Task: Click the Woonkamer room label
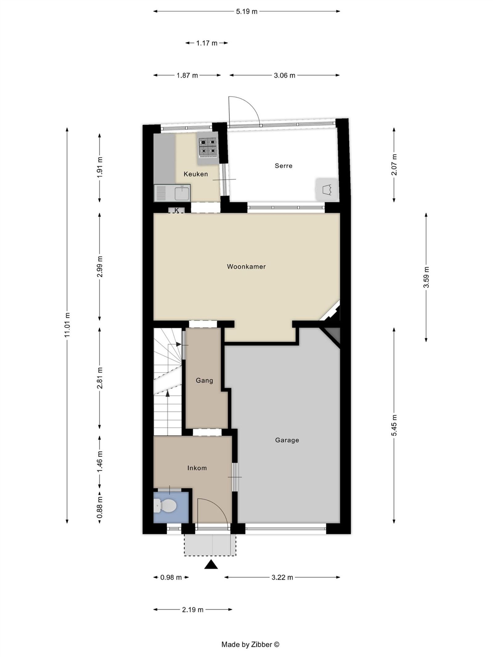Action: (246, 266)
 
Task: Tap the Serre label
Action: (283, 166)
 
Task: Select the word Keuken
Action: (196, 174)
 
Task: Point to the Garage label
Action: (287, 440)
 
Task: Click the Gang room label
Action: (204, 381)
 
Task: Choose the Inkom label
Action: (197, 468)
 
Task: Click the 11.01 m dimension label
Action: (67, 325)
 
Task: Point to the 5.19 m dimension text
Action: (246, 12)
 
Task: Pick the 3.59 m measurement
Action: (426, 277)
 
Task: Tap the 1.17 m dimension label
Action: (207, 43)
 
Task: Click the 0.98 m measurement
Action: (171, 577)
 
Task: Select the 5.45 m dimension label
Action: (394, 425)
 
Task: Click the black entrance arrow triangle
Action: (211, 565)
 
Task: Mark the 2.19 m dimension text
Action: (193, 610)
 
